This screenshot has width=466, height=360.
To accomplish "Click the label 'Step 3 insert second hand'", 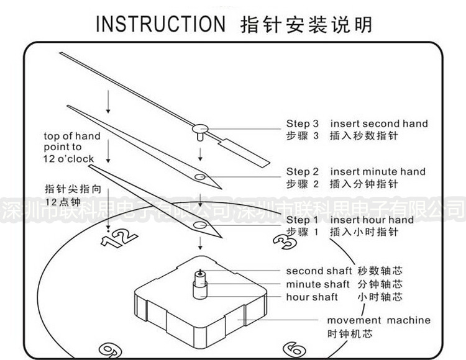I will [x=357, y=124].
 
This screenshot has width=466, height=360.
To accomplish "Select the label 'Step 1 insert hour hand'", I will [x=350, y=220].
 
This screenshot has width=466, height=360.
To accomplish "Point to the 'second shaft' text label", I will [x=318, y=271].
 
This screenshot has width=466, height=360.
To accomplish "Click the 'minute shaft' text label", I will [x=318, y=284].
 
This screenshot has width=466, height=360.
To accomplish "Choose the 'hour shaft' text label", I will [x=312, y=297].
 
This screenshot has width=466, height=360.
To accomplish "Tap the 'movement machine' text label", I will [x=378, y=320].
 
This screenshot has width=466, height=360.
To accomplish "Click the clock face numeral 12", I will [x=119, y=238].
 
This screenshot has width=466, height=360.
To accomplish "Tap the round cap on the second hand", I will [x=200, y=129].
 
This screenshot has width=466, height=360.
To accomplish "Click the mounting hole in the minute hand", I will [x=200, y=177].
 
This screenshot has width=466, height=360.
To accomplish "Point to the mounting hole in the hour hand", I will [x=199, y=224].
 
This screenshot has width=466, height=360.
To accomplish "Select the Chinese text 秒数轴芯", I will [x=380, y=271].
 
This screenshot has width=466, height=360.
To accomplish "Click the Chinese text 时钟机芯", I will [x=350, y=333].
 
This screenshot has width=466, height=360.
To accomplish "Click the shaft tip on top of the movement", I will [x=200, y=272].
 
